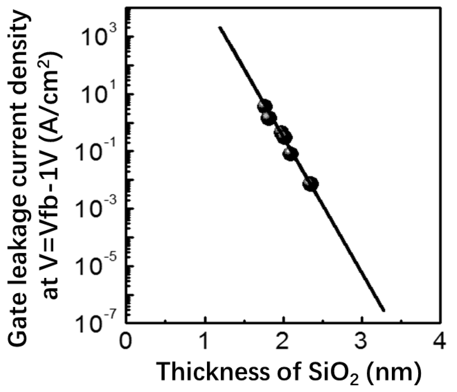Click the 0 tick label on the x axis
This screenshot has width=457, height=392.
pos(125,342)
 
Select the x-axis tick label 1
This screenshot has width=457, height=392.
pos(204,342)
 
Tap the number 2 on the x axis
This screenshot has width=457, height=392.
pos(283,342)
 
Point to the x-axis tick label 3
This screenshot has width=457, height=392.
pos(362,342)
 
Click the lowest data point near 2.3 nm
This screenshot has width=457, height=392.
pos(311,184)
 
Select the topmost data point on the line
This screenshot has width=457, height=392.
pos(264,106)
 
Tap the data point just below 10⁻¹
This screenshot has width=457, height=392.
pos(290,154)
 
